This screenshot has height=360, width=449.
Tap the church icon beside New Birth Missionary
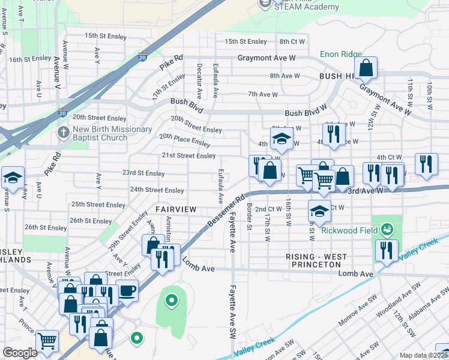pos(62,131)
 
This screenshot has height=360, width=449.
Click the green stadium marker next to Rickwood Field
pos(387,229)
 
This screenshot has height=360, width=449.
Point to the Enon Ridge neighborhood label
pos(340,54)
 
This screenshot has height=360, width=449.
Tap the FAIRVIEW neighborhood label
pos(176,209)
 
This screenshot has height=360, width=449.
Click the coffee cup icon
pos(127,290)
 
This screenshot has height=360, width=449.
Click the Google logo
pos(20,353)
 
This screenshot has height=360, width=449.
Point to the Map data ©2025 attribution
pos(423,355)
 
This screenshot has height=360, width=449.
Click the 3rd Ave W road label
pos(365,190)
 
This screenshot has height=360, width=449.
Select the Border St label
pos(249,219)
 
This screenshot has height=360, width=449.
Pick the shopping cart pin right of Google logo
pos(47,341)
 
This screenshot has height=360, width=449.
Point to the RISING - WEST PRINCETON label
pos(316,261)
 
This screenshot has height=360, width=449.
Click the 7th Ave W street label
pos(262,94)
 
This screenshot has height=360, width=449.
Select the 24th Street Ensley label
pos(157,190)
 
